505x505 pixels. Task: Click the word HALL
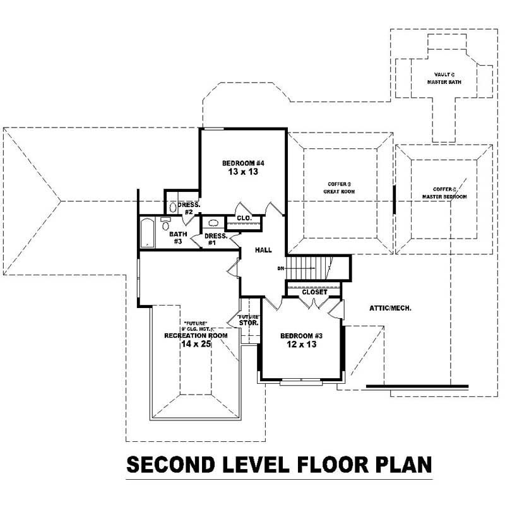[x=263, y=251]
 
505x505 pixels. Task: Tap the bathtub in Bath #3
[x=147, y=232]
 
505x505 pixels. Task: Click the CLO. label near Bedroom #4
[x=244, y=218]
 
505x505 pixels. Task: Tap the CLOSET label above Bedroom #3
[x=314, y=292]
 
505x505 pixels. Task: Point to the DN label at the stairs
[x=280, y=269]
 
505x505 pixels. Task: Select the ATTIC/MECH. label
[x=390, y=308]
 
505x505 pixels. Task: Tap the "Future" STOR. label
[x=248, y=320]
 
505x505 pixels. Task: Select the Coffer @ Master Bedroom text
[x=444, y=193]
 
